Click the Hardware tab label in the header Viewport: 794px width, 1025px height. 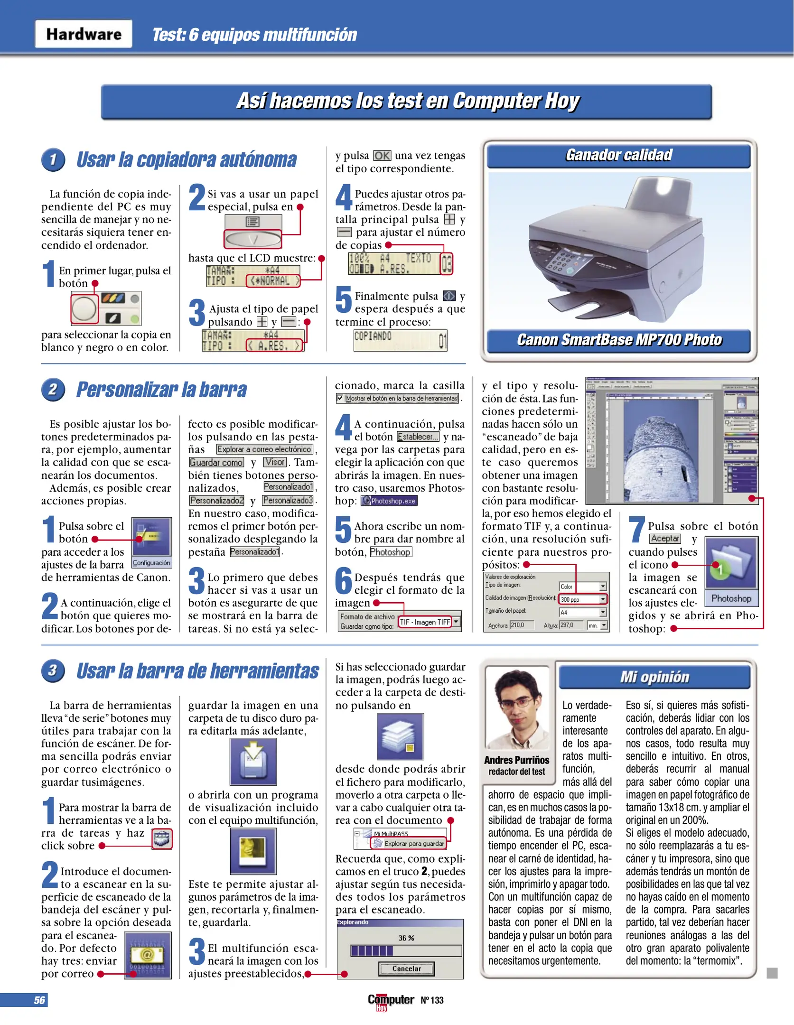[84, 34]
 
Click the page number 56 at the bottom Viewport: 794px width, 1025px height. [39, 1000]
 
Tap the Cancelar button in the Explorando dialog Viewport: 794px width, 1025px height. [406, 969]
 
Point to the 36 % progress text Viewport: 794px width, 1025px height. [406, 938]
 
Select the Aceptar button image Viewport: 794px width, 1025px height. [664, 539]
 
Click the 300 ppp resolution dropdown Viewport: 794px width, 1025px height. [582, 599]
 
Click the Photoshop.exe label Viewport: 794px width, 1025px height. [389, 501]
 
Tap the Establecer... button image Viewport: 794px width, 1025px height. [418, 437]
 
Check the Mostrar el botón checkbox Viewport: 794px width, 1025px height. [340, 398]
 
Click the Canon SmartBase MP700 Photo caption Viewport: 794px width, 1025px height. [619, 340]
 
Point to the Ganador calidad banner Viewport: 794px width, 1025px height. [618, 155]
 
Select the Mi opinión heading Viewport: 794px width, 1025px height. [654, 677]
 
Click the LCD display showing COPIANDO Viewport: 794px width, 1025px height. [400, 340]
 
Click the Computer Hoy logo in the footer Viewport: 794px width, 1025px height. [391, 1000]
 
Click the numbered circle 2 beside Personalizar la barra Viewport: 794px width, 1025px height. [53, 390]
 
